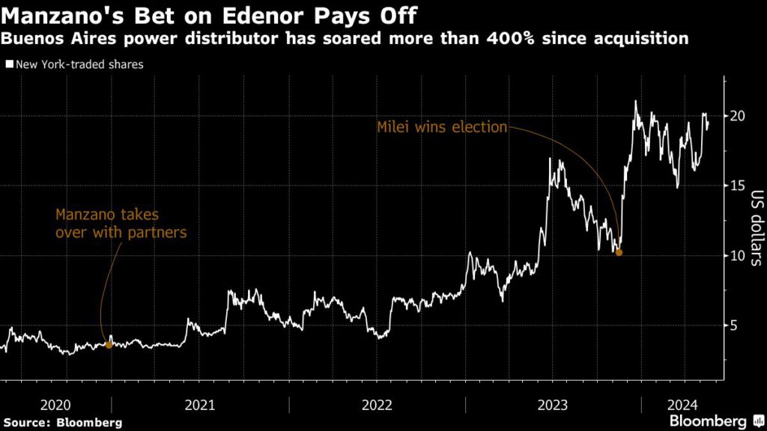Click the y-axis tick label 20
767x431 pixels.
pyautogui.click(x=738, y=116)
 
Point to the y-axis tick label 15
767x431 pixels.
pyautogui.click(x=738, y=186)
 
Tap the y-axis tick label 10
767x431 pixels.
pyautogui.click(x=738, y=255)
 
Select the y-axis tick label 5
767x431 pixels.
pyautogui.click(x=734, y=325)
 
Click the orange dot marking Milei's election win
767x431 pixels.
pyautogui.click(x=619, y=253)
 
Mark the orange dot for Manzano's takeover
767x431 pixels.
pyautogui.click(x=109, y=344)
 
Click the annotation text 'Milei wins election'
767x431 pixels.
pyautogui.click(x=442, y=127)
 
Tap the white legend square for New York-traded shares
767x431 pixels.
pyautogui.click(x=9, y=64)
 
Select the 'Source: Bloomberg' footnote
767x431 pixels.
pyautogui.click(x=62, y=423)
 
